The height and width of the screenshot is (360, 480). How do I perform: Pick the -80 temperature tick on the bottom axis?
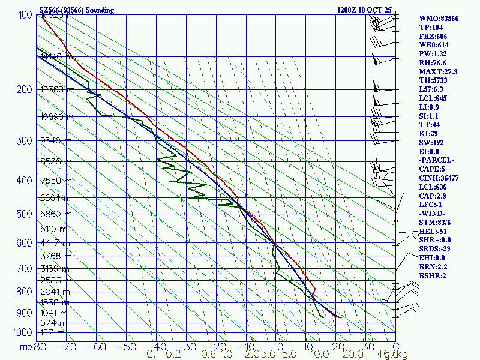(40, 347)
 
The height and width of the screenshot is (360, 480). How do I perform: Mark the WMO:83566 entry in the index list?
(439, 19)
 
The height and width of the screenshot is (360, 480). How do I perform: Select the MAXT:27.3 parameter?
(439, 71)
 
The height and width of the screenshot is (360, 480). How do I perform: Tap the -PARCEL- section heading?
(437, 160)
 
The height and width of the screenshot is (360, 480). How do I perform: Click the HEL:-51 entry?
(433, 231)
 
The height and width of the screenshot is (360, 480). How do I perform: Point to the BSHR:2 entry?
(433, 275)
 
